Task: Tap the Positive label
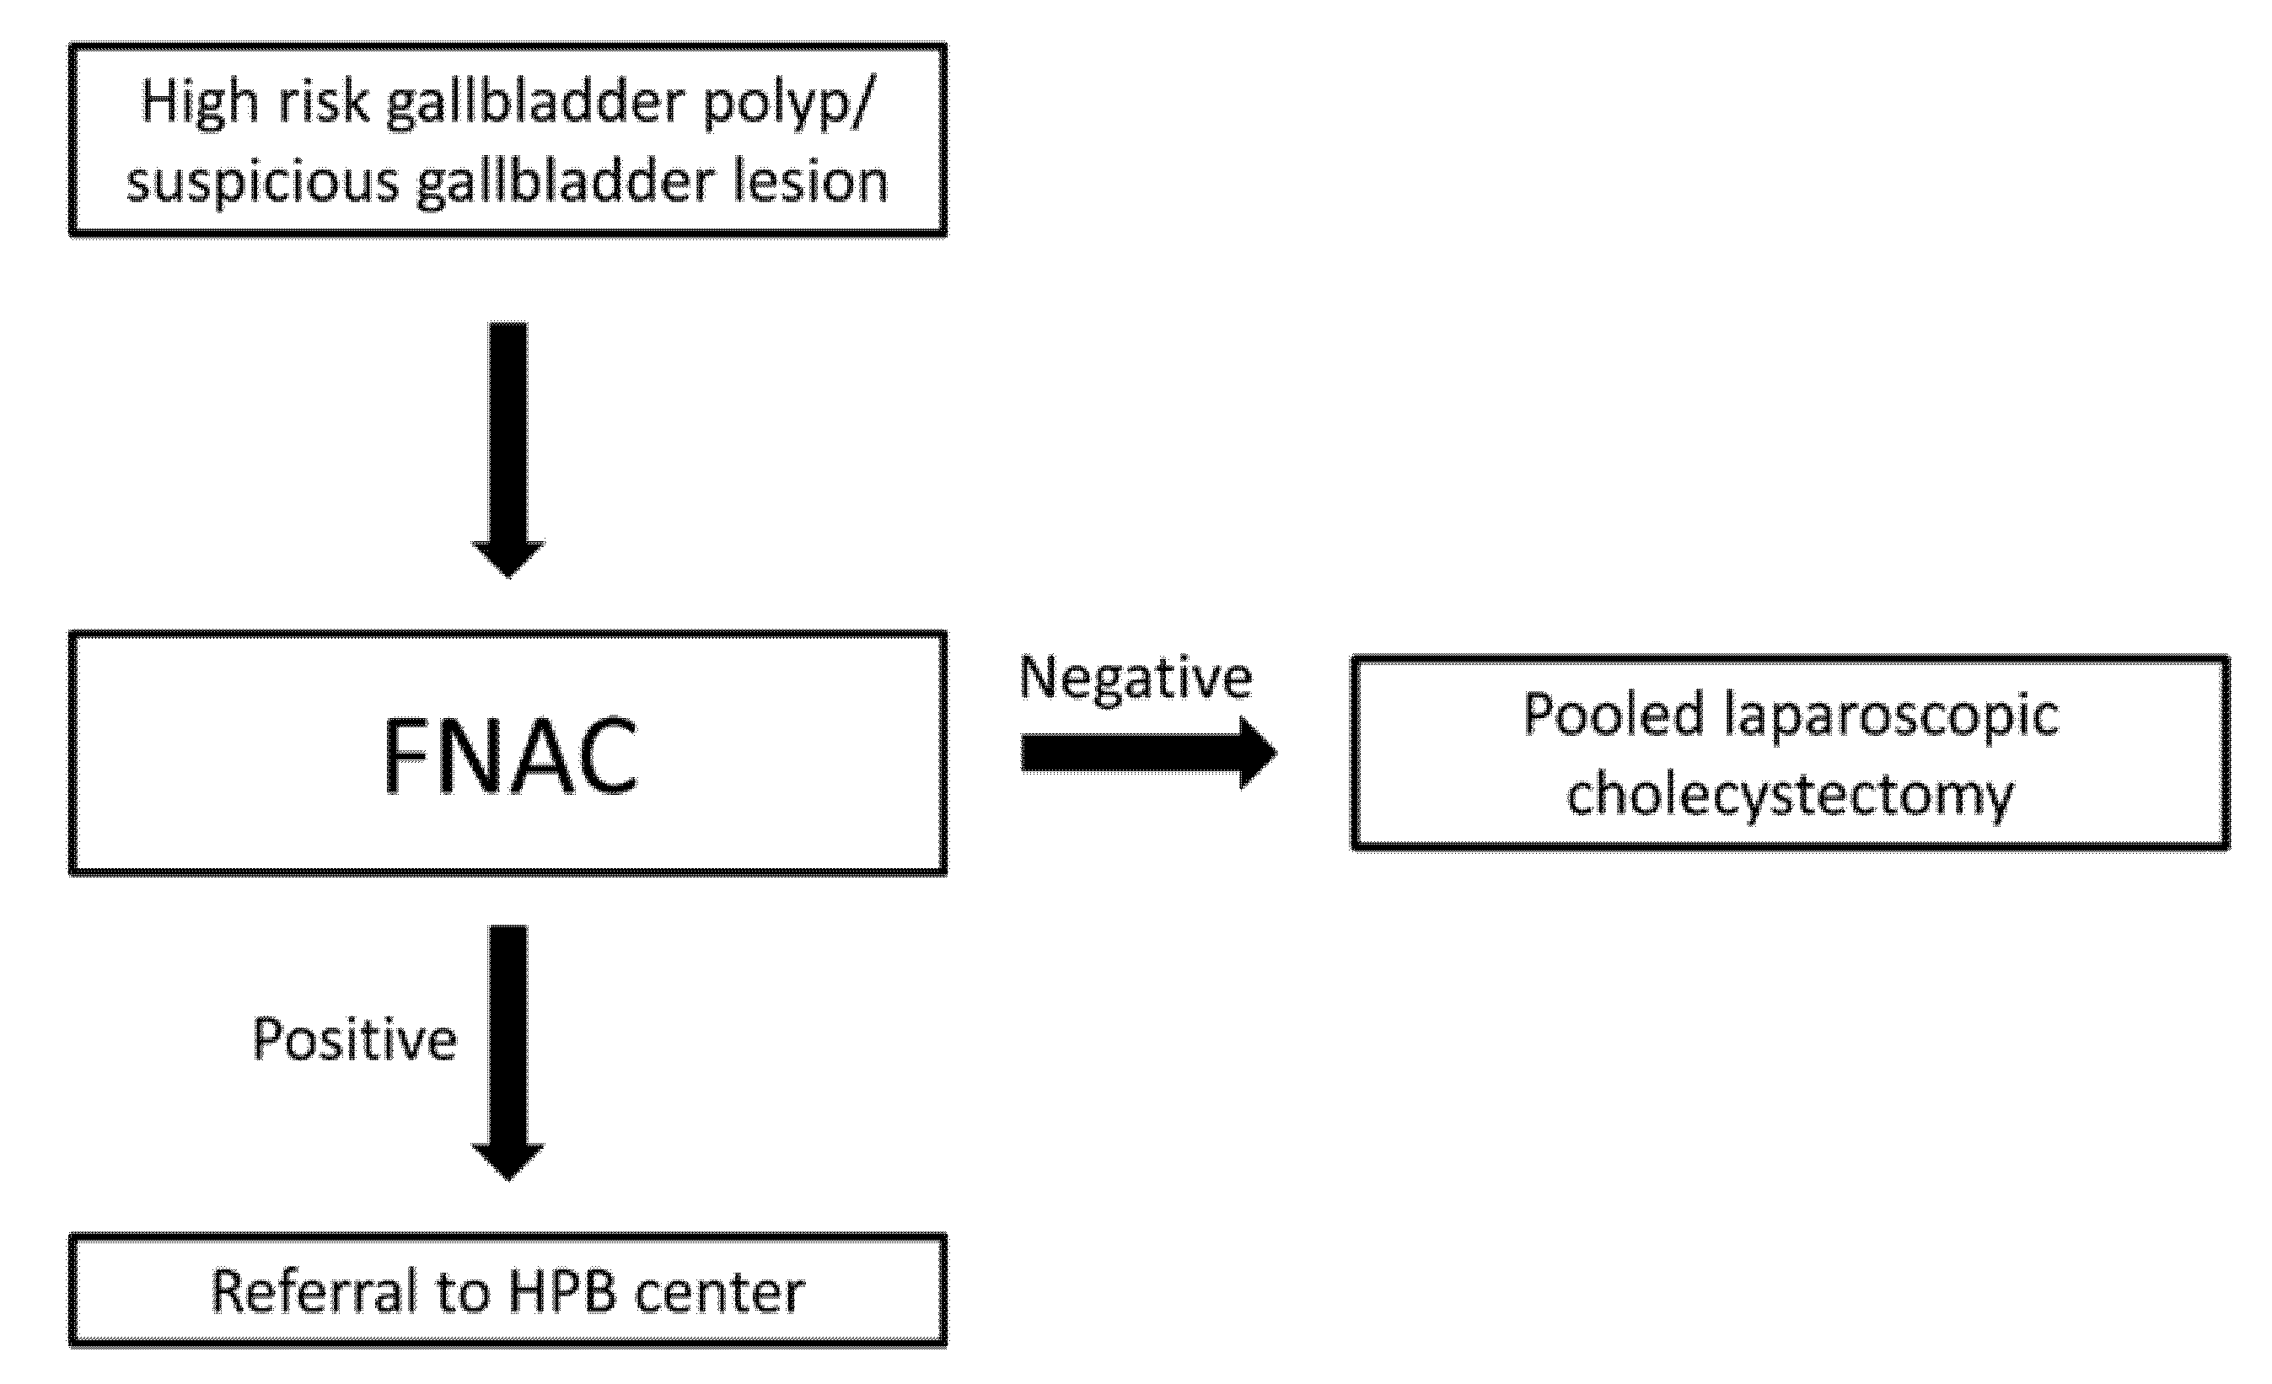[x=354, y=1040]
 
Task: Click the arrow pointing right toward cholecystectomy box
[x=1147, y=754]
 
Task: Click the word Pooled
[x=1614, y=715]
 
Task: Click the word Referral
[x=314, y=1291]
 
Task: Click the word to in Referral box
[x=462, y=1291]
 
